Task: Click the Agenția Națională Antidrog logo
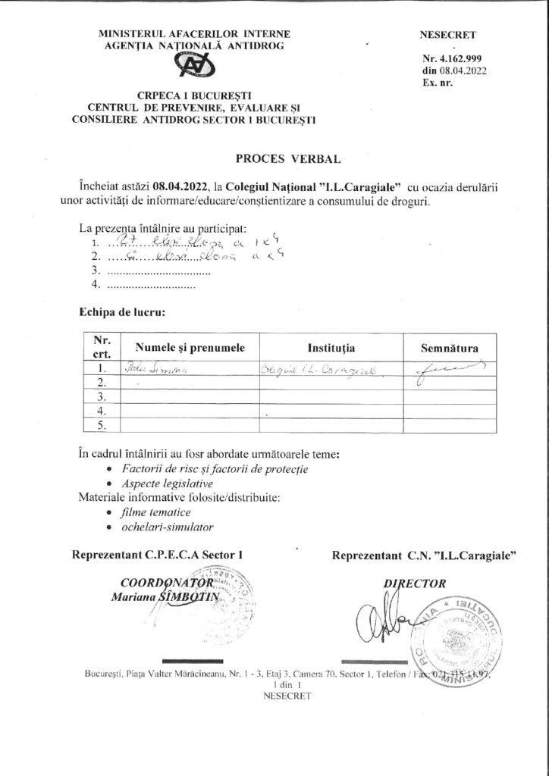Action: point(194,66)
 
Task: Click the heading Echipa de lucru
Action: point(121,311)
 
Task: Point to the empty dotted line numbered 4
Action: point(151,286)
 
